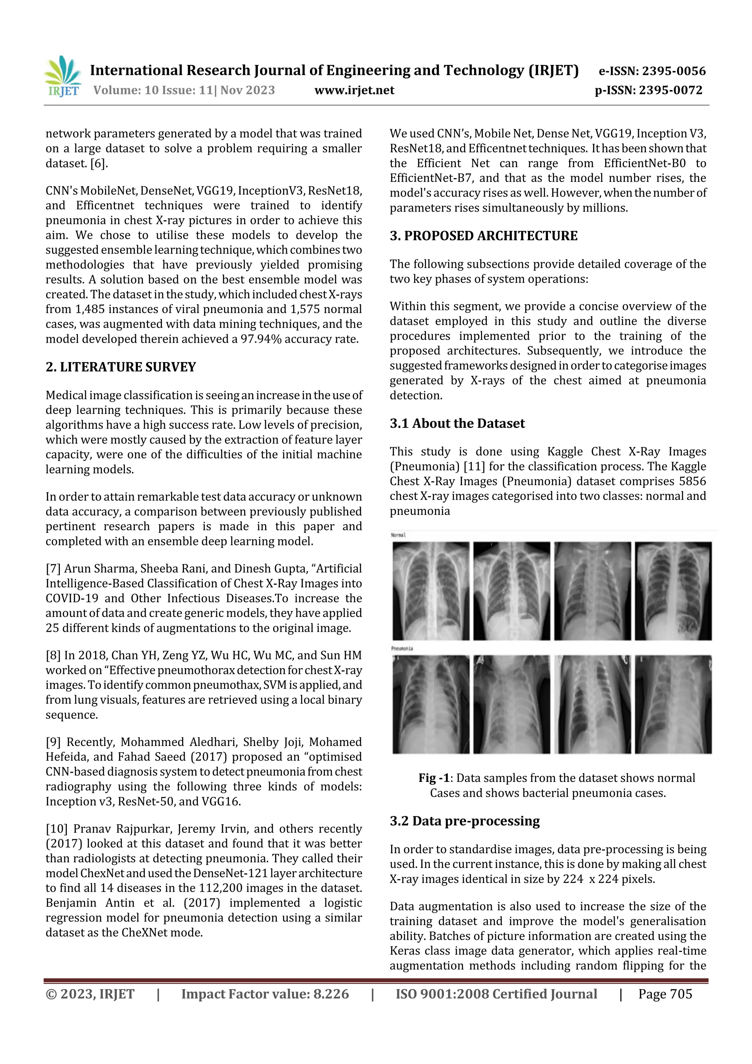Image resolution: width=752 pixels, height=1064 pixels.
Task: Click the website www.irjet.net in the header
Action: (354, 90)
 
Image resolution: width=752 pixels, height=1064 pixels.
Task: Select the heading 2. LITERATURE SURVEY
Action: (120, 367)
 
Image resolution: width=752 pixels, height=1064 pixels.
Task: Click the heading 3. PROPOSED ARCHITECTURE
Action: (483, 236)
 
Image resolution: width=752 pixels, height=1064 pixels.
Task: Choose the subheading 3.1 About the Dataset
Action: (457, 423)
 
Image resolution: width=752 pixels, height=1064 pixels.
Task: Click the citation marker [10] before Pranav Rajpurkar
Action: (57, 829)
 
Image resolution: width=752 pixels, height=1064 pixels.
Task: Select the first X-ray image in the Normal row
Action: (430, 591)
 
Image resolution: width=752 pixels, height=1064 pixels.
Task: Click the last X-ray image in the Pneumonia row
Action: (673, 704)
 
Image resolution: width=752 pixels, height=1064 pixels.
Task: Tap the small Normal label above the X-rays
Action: (398, 535)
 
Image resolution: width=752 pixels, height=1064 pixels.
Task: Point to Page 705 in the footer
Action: (665, 994)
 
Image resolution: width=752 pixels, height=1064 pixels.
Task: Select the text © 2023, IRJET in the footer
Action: (90, 994)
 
